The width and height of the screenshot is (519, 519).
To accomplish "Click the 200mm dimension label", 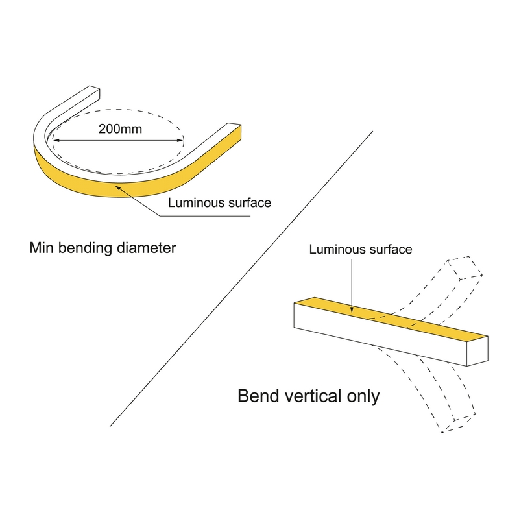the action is [x=120, y=128].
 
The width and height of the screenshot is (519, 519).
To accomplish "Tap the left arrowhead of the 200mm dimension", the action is [x=56, y=140].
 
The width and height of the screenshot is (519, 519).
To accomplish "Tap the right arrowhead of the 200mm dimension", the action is [x=180, y=140].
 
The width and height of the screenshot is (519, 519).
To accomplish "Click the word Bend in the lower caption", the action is [x=256, y=396].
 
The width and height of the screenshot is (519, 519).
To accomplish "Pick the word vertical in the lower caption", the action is [x=311, y=396].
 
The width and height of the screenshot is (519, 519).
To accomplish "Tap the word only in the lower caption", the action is [x=363, y=397].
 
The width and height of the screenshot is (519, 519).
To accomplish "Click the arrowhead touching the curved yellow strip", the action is [x=118, y=188].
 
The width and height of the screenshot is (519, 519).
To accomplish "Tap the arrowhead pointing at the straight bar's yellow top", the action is [x=352, y=309].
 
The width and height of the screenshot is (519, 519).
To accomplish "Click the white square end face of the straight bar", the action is [x=477, y=352].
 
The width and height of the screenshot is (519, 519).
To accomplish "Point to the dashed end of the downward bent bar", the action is [x=459, y=423].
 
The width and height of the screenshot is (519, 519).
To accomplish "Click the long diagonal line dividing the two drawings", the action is [x=241, y=279].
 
